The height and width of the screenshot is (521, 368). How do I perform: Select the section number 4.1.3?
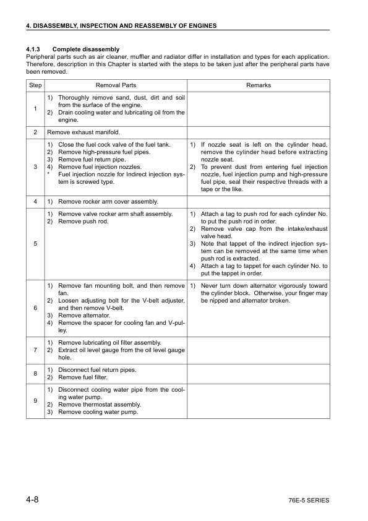[x=33, y=49]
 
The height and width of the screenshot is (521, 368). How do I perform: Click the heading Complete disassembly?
[x=86, y=49]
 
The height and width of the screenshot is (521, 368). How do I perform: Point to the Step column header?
[x=35, y=85]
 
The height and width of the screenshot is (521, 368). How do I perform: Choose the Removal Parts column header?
[x=116, y=85]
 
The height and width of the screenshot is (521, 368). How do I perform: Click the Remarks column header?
[x=258, y=85]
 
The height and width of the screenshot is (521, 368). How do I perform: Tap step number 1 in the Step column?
[x=35, y=109]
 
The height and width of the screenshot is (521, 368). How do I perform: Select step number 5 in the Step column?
[x=35, y=244]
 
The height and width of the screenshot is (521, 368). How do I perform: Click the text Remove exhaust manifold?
[x=83, y=132]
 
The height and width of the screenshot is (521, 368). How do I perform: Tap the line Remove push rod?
[x=83, y=222]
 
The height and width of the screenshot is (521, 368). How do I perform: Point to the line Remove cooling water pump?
[x=98, y=412]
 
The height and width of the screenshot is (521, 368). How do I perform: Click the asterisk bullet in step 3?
[x=48, y=174]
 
